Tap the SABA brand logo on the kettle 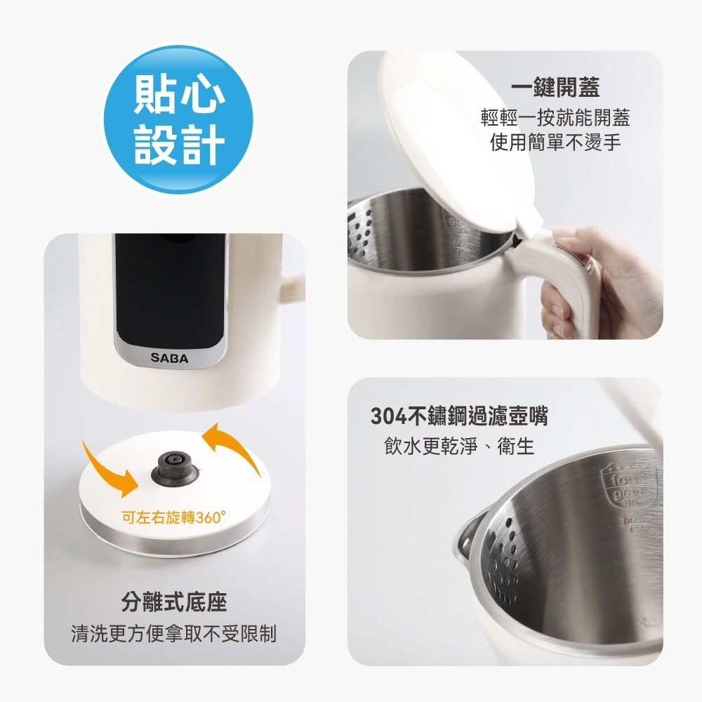tap(169, 358)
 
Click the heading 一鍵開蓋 tap(555, 88)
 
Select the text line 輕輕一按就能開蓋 tap(555, 117)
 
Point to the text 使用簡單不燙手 tap(555, 143)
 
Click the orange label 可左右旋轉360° tap(174, 518)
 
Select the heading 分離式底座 tap(174, 602)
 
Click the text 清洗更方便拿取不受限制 tap(174, 634)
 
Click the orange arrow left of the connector tap(110, 467)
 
